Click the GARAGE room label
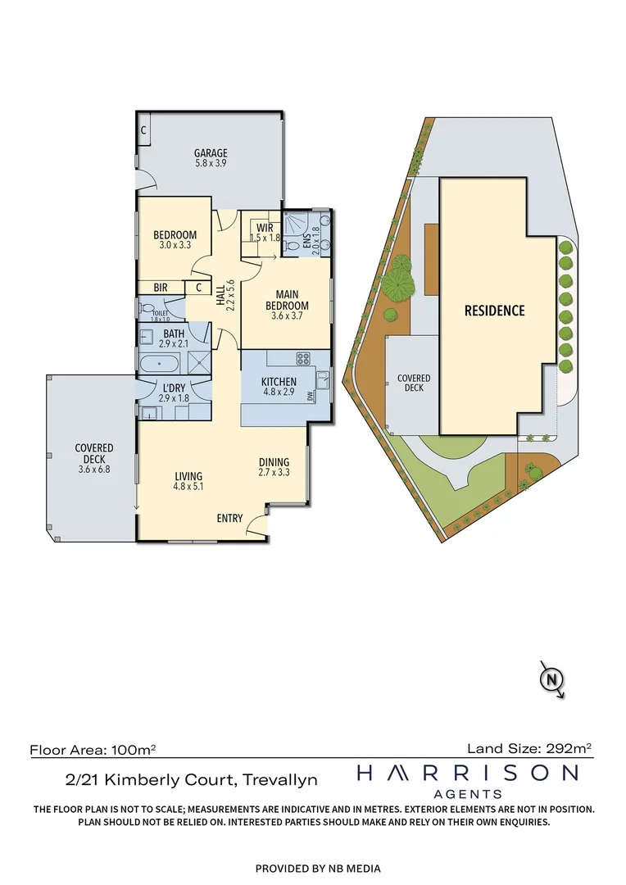point(211,153)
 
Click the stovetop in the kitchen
point(302,358)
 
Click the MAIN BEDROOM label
point(286,300)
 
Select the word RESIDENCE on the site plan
point(494,311)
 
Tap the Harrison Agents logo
point(467,779)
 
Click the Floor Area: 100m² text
point(93,749)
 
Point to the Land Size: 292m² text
point(529,747)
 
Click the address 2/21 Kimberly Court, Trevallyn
point(192,780)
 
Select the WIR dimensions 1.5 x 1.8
point(265,238)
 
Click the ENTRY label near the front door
point(230,518)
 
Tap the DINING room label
point(274,461)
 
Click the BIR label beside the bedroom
point(160,288)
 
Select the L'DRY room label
point(173,388)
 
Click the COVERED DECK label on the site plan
point(414,383)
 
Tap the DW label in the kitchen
point(310,396)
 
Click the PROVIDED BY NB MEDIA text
point(318,869)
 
